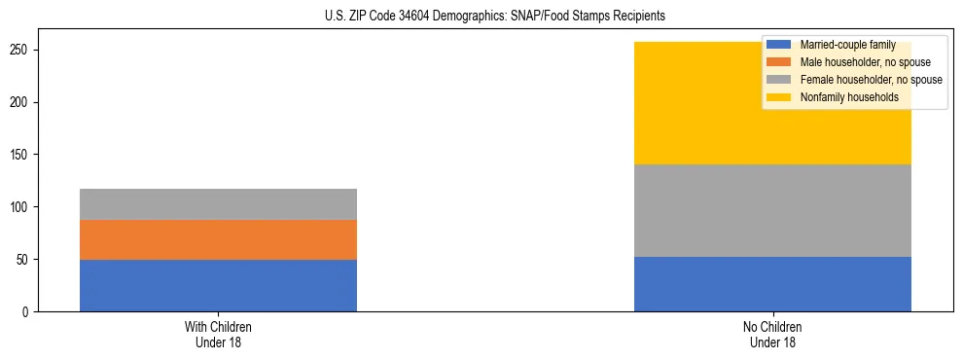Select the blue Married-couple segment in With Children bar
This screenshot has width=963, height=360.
(x=218, y=285)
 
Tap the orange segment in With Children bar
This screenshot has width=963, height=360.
(x=218, y=239)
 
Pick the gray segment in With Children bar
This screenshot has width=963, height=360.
(x=218, y=204)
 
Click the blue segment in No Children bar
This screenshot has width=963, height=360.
(x=772, y=284)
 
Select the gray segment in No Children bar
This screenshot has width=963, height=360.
(x=772, y=210)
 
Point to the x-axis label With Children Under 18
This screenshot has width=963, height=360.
(x=218, y=334)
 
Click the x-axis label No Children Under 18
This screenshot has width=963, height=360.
(x=772, y=334)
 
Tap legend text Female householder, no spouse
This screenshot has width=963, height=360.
(x=871, y=80)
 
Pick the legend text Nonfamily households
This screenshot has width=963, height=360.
(x=842, y=97)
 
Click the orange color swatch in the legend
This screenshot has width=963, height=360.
(x=779, y=62)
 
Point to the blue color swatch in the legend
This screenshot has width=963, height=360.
(x=779, y=45)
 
